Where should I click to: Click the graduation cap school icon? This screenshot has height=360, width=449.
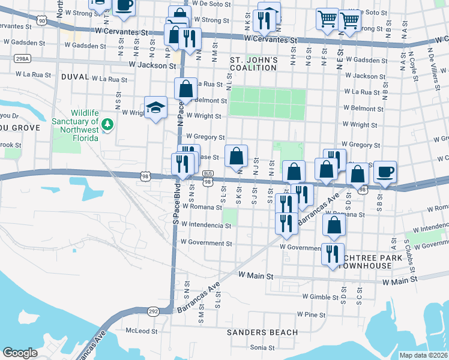[156, 107]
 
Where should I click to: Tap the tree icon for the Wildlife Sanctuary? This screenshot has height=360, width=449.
[107, 124]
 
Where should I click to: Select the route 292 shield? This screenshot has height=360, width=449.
[154, 311]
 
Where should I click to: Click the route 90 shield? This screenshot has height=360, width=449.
[41, 20]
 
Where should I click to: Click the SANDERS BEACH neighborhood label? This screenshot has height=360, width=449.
[262, 332]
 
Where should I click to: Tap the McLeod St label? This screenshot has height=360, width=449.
[141, 331]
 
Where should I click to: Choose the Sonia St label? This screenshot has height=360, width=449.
[262, 347]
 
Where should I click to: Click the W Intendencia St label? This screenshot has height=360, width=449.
[206, 225]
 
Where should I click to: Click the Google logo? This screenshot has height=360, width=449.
[20, 353]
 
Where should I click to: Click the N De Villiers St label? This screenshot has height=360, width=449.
[430, 61]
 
